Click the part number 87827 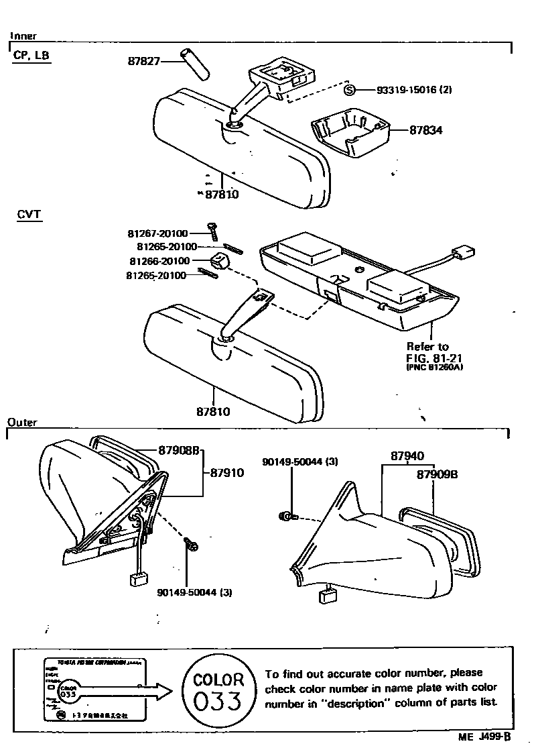(x=143, y=61)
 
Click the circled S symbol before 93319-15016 (x=348, y=89)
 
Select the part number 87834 (x=426, y=130)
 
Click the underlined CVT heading (x=29, y=215)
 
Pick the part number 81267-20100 (x=157, y=234)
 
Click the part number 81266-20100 (x=158, y=261)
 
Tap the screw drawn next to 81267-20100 (x=213, y=232)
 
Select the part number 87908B (x=179, y=449)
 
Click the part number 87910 (x=227, y=472)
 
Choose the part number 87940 (x=407, y=455)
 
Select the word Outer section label (x=22, y=423)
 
